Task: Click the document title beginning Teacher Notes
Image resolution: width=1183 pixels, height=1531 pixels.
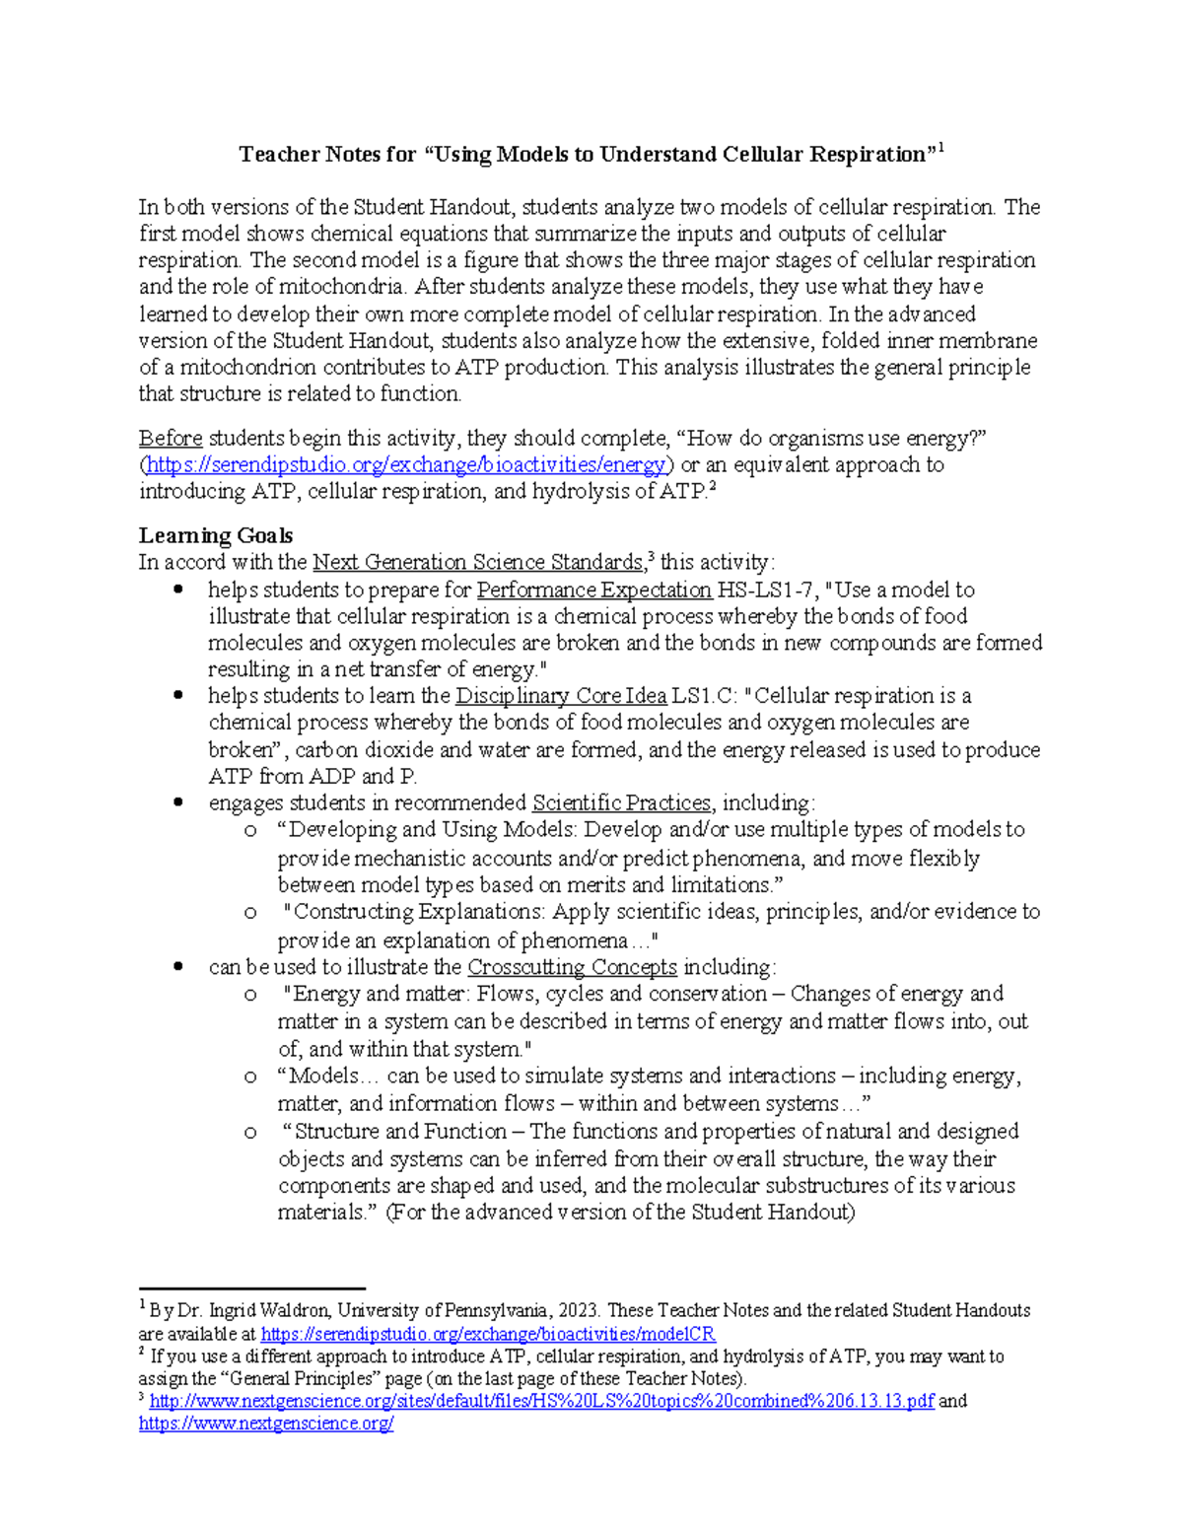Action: [587, 155]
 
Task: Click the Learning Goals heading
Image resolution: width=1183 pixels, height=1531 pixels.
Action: [215, 535]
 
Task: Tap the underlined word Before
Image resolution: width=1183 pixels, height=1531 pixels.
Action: [171, 438]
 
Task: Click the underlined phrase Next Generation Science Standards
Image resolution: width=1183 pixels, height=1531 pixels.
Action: [477, 563]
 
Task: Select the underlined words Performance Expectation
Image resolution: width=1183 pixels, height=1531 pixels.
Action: [593, 590]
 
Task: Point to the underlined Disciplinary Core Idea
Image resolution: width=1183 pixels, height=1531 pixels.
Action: [560, 696]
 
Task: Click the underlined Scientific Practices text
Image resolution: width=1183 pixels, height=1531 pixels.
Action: [621, 802]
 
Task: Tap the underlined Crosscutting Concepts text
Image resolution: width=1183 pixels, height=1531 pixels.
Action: [572, 967]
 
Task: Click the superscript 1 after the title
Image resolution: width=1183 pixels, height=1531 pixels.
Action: [940, 149]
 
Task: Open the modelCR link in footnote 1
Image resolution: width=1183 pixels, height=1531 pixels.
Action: [488, 1334]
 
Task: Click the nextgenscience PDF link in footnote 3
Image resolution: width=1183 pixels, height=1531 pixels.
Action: [541, 1401]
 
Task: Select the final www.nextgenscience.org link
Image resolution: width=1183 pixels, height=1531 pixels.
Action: [266, 1424]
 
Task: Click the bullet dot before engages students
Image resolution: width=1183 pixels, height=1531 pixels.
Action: [178, 802]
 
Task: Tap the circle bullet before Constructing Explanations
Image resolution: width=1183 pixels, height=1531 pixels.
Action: [250, 913]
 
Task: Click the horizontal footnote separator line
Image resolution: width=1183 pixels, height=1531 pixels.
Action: [251, 1287]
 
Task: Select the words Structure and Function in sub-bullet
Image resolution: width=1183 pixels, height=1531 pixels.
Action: [401, 1132]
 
